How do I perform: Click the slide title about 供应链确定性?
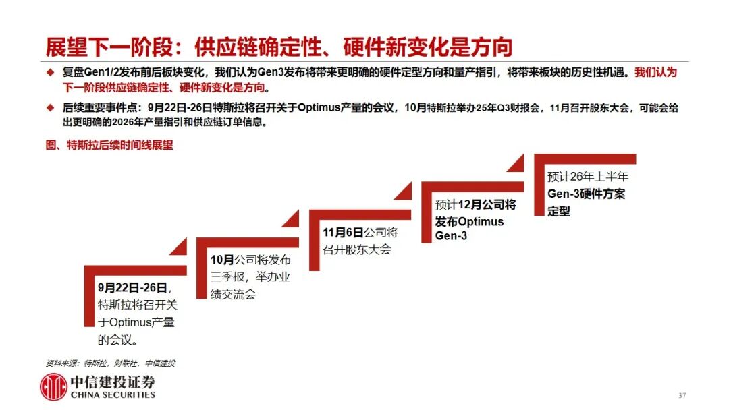(279, 47)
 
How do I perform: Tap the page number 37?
(682, 396)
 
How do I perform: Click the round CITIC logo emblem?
(53, 387)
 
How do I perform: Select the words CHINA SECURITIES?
(113, 395)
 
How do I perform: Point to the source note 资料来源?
(111, 363)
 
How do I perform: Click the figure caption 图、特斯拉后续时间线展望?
(109, 145)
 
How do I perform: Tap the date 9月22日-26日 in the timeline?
(132, 288)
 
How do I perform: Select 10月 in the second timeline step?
(222, 260)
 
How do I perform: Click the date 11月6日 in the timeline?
(343, 232)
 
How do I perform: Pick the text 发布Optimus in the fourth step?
(469, 221)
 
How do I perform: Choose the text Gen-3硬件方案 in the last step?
(587, 194)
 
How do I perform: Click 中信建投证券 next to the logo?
(113, 382)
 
